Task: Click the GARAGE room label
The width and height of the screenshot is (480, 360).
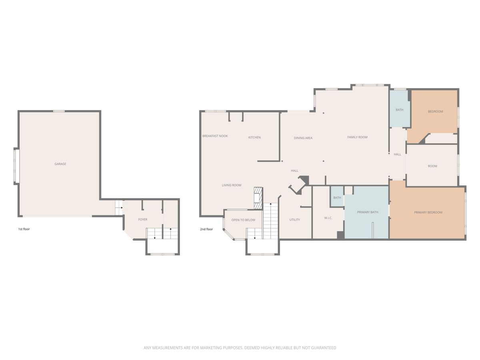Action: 60,164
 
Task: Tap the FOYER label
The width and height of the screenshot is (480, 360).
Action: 143,220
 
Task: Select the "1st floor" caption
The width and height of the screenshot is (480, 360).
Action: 24,229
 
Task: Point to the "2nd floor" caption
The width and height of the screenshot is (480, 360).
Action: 206,229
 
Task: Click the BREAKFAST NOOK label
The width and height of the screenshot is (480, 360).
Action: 215,136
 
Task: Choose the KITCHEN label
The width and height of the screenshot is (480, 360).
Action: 254,138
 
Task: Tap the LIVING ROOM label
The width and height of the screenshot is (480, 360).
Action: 232,185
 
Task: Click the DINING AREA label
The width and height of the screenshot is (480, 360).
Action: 303,138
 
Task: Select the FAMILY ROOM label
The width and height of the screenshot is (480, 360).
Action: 357,137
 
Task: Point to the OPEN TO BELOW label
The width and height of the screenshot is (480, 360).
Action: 243,220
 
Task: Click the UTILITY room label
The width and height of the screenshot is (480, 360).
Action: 294,220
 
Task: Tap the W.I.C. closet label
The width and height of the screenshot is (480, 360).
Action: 328,218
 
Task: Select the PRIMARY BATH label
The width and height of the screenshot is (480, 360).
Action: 367,212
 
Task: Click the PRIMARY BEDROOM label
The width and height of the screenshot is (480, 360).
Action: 428,212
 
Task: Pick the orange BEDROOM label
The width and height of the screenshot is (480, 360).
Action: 435,112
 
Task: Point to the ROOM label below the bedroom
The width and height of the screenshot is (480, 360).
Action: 432,166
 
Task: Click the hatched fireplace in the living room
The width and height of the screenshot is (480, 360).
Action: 258,198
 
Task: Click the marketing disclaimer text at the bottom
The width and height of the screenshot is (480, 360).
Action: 240,348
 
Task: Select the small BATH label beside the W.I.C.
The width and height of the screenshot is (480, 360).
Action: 337,198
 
